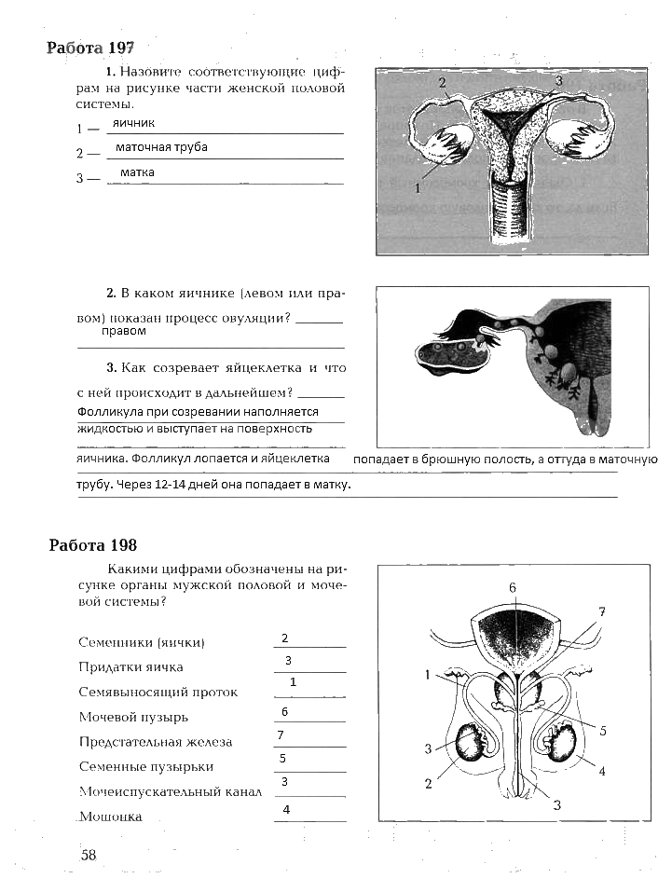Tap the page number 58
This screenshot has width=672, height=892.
pos(89,856)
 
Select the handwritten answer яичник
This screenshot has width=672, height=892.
pos(133,123)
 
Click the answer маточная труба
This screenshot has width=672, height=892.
pos(160,148)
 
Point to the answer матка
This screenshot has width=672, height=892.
pos(137,173)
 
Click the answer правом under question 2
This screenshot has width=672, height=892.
pos(124,331)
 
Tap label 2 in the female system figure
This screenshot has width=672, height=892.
pos(443,83)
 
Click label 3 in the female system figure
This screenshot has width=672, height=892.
pos(558,82)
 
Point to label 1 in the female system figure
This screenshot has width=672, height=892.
pos(418,187)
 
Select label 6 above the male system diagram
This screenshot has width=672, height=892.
pos(513,588)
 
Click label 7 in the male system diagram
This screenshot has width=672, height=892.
pos(602,612)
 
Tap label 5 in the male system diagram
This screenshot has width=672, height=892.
pos(603,732)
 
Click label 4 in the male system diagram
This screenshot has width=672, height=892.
pos(602,772)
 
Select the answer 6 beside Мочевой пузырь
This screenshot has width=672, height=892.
pos(284,712)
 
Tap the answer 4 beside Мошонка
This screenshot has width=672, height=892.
pos(286,810)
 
